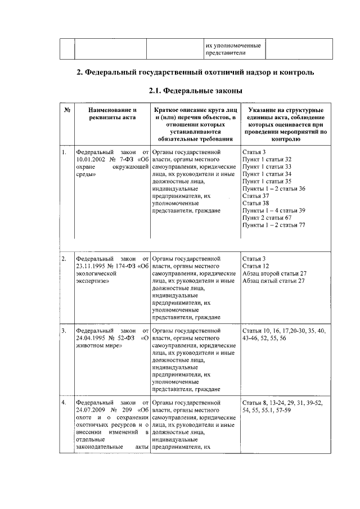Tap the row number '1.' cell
click(x=65, y=152)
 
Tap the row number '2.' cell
click(x=65, y=259)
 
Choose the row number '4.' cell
click(x=65, y=403)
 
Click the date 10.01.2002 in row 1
click(x=90, y=160)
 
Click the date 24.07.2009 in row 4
click(x=92, y=411)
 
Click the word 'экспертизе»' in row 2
click(x=92, y=281)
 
